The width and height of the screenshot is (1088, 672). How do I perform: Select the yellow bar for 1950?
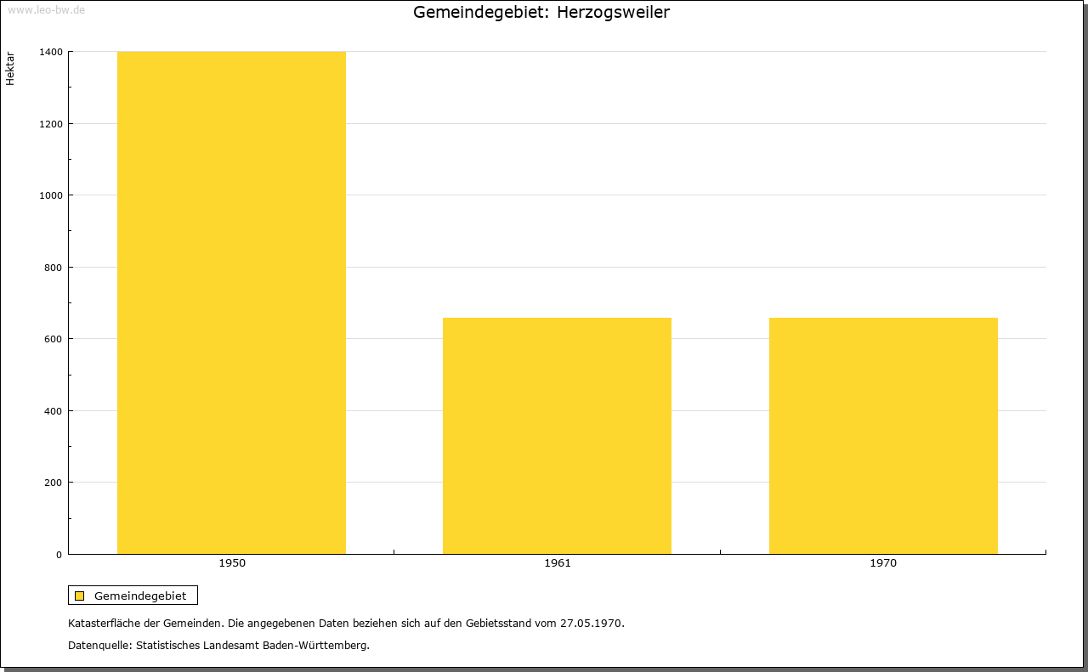pos(231,302)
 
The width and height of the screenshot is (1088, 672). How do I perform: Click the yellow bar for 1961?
pos(557,436)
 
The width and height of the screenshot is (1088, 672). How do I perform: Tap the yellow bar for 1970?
pos(883,436)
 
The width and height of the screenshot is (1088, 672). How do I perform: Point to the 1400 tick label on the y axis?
pos(51,52)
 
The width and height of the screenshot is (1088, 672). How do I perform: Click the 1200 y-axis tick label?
pos(51,124)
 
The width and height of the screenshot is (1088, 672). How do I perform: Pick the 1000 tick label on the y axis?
pos(51,195)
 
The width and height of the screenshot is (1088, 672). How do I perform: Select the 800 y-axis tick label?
pos(54,268)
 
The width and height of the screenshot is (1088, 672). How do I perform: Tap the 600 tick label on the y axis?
pos(54,339)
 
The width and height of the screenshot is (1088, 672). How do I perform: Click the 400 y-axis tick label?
pos(54,411)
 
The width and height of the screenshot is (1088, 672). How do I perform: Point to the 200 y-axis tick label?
pos(54,483)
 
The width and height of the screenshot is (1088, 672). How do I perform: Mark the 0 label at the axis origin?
pos(59,555)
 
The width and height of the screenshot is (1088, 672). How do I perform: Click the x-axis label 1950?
pos(232,563)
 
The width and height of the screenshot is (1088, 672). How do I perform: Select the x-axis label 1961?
pos(558,563)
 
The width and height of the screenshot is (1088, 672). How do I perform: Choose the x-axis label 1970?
pos(883,563)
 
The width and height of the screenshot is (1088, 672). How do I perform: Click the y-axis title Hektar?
pos(10,69)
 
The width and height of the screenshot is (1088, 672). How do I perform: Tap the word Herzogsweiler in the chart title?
pos(613,12)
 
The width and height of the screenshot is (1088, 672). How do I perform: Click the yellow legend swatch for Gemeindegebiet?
pos(79,596)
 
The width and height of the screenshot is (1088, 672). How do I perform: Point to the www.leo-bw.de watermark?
pos(46,9)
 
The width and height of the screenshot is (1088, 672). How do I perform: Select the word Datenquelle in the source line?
pos(99,646)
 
